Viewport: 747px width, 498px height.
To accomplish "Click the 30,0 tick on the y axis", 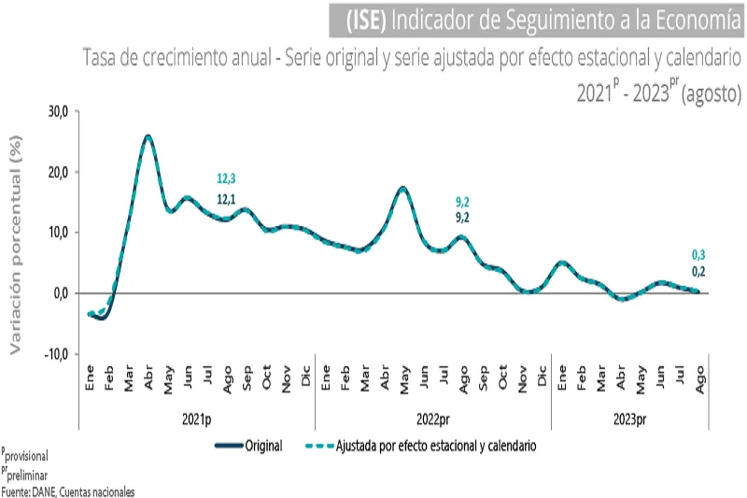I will pos(58,111).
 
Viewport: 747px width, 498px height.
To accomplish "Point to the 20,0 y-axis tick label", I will pos(58,172).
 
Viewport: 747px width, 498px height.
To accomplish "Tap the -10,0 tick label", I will pos(56,353).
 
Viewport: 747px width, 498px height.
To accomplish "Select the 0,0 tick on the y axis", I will pos(62,292).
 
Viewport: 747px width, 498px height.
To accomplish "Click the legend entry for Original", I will pos(265,447).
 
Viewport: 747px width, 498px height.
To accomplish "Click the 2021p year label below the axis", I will pos(196,420).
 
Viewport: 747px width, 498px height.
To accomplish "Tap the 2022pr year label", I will pos(432,420).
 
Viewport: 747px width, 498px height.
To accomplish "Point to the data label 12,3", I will pos(227,179).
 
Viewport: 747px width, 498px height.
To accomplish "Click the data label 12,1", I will pos(227,198).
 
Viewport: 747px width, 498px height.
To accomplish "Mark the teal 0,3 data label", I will pos(698,254).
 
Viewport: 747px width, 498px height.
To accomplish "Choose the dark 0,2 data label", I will pos(698,272).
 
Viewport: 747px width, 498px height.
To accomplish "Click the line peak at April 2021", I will pos(148,136).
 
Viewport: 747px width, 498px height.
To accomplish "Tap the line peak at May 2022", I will pos(402,188).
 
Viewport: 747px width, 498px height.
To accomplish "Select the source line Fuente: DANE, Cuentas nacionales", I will pos(67,491).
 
